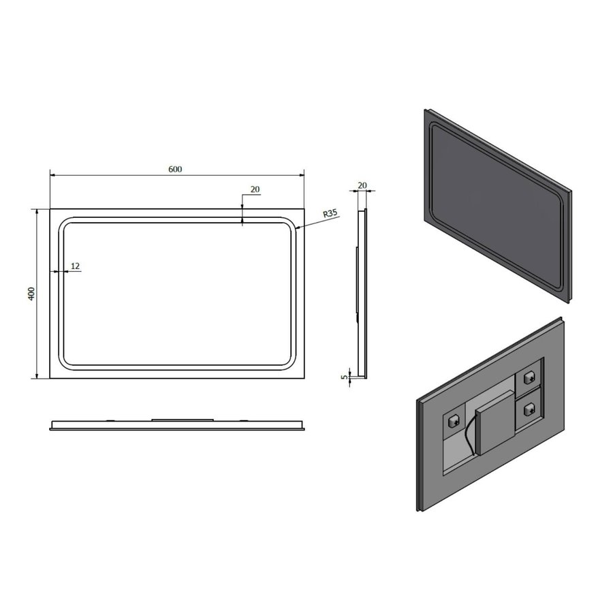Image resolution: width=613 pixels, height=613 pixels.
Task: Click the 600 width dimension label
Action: click(x=175, y=170)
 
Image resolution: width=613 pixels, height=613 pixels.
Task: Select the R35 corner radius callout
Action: click(x=330, y=213)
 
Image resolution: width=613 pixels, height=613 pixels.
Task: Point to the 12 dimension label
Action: click(x=75, y=265)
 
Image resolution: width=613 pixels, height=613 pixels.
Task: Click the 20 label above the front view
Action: click(x=255, y=190)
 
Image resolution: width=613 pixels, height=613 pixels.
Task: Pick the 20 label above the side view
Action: click(x=362, y=185)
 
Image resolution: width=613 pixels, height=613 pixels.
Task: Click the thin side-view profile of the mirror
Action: click(x=362, y=293)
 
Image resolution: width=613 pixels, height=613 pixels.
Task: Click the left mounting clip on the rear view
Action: click(x=453, y=420)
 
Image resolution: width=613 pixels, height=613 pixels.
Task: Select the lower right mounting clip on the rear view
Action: click(x=529, y=409)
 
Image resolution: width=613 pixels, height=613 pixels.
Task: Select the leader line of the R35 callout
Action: click(x=310, y=222)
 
